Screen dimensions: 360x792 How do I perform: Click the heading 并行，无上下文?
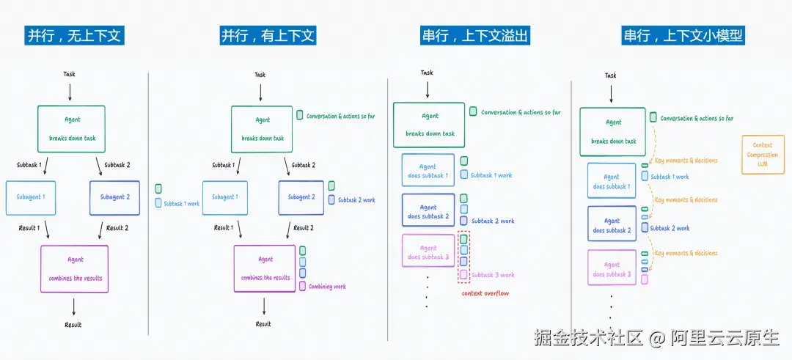73,35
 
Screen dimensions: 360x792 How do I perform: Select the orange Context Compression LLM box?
763,155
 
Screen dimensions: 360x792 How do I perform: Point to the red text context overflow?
485,293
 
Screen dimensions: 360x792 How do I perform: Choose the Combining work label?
327,287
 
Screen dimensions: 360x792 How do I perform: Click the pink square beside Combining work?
302,287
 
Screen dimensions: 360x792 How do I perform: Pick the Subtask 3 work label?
493,275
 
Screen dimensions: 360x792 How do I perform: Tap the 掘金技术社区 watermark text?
588,338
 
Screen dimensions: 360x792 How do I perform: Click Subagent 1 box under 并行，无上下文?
31,197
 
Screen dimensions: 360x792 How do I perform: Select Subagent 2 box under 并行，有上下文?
301,197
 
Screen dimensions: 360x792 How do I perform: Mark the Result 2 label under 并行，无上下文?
117,228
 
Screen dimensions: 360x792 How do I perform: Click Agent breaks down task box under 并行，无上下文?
71,129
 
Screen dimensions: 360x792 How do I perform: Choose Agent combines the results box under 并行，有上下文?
265,268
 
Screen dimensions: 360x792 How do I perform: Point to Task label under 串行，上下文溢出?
427,73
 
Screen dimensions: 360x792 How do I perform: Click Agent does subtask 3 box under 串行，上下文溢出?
428,252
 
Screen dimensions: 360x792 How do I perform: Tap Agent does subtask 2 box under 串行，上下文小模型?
612,225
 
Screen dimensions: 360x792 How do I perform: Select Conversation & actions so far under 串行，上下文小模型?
696,118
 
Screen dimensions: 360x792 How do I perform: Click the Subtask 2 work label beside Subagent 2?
358,200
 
